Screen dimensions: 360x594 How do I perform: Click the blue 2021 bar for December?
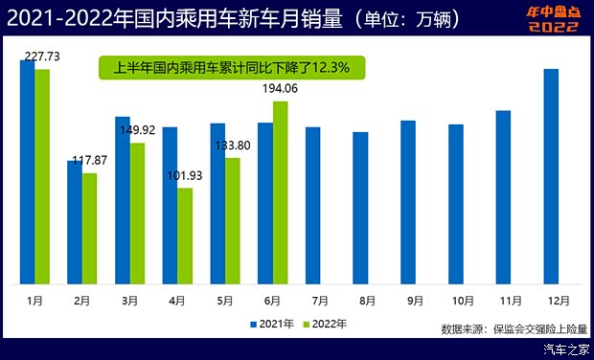551,176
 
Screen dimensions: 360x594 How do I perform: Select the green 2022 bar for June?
280,192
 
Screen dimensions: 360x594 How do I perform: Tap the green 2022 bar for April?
185,236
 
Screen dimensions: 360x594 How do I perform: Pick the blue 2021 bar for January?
27,171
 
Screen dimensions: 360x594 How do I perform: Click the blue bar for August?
360,208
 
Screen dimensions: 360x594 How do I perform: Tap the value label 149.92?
143,131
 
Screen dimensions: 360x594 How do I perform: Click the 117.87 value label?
96,160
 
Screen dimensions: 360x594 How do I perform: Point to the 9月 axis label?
415,300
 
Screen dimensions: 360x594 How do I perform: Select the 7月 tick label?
320,300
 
